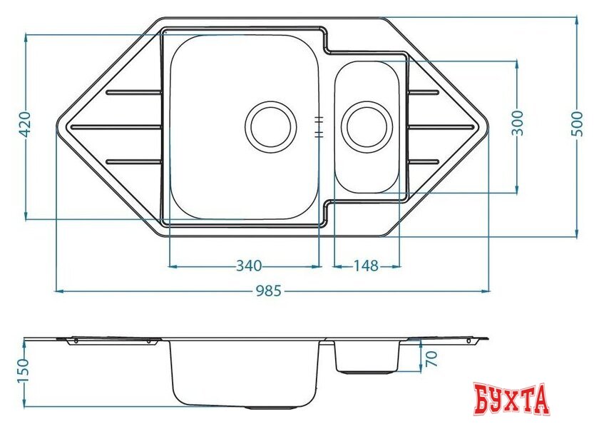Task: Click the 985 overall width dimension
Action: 268,291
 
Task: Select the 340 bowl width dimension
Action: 249,266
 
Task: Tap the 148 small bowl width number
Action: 366,266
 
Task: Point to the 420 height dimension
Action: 25,124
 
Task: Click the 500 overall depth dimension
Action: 577,123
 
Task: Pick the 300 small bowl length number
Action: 517,122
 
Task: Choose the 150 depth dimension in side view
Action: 23,371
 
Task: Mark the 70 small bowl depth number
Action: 431,358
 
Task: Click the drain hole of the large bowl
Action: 270,127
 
